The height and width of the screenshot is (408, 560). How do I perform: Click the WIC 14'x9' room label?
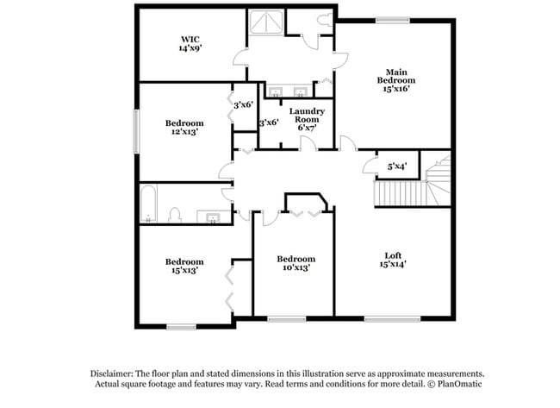pos(190,44)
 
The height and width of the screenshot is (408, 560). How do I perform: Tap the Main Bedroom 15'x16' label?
pos(395,79)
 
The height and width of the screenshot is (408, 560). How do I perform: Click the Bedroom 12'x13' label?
pos(184,128)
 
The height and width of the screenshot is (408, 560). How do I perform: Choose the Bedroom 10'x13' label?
pos(296,263)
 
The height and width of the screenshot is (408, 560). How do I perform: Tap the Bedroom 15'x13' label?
pos(184,266)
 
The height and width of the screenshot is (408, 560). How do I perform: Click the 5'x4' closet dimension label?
pos(397,166)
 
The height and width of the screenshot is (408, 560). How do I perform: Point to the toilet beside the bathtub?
pos(175,214)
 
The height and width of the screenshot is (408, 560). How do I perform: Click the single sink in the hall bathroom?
pos(213,216)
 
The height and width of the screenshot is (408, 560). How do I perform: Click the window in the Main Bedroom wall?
pos(392,19)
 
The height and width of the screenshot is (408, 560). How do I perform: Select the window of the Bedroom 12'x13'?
pos(135,131)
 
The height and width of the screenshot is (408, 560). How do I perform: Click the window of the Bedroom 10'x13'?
pos(287,318)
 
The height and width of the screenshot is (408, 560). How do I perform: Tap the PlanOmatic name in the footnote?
pos(449,383)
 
